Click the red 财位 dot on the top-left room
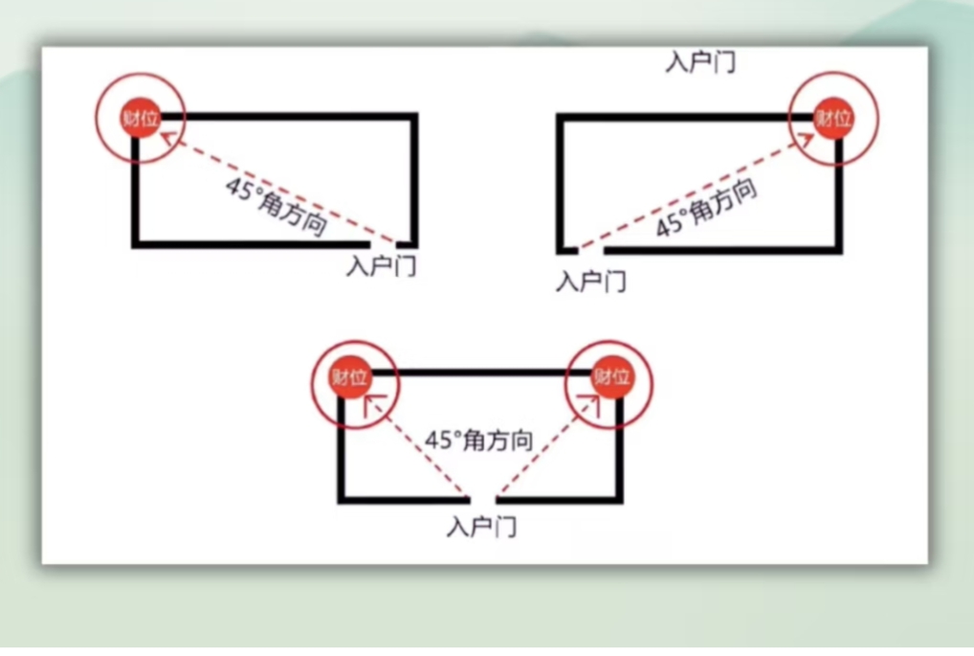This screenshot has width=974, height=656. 141,118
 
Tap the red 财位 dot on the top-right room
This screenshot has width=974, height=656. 833,118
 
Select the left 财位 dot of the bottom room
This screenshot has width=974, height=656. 350,376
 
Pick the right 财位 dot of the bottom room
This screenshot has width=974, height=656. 612,376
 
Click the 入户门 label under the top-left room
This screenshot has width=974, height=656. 382,266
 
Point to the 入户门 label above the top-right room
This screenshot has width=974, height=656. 700,62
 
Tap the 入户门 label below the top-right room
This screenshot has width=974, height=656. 590,281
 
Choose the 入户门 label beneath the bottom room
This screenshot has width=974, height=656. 482,527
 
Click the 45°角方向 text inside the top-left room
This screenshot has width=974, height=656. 277,207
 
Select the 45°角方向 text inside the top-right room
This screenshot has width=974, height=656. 707,208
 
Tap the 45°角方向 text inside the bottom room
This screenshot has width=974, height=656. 479,441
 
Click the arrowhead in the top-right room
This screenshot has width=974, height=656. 805,139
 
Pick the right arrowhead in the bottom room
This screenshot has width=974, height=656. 590,404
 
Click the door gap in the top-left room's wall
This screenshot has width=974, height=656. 384,244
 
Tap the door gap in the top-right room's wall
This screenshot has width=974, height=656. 590,250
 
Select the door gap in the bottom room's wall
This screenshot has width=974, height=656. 482,499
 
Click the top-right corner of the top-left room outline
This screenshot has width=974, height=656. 414,116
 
